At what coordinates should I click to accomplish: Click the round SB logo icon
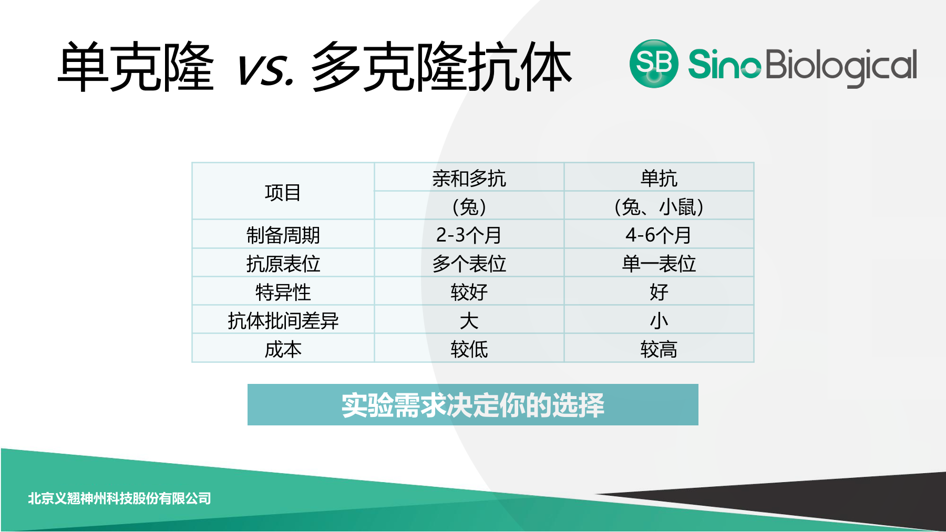pos(654,64)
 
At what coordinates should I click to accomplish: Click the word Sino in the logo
pos(724,64)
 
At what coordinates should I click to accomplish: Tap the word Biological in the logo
pos(841,67)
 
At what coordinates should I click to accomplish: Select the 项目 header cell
pos(283,192)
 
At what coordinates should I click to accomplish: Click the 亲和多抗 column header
pos(469,178)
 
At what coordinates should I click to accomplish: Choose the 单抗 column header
pos(659,178)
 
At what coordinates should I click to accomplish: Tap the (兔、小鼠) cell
pos(659,206)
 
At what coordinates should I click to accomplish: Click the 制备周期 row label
pos(283,235)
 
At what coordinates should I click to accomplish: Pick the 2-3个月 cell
pos(469,235)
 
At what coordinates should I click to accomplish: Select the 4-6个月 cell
pos(659,235)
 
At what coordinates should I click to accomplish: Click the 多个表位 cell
pos(469,263)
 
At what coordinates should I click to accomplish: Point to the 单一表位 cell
pos(659,263)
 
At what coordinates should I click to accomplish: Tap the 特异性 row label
pos(283,291)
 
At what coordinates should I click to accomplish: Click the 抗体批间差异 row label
pos(283,320)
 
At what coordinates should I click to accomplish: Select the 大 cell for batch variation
pos(469,320)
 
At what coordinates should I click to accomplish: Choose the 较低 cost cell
pos(469,349)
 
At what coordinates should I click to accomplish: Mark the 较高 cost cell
pos(659,349)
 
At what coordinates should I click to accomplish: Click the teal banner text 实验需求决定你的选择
pos(473,405)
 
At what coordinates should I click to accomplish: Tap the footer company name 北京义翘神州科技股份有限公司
pos(119,498)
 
